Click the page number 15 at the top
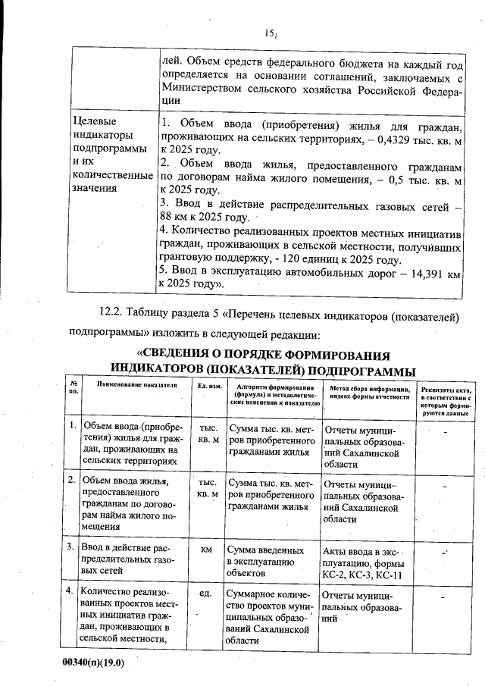pos(269,33)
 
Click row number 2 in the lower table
pos(70,480)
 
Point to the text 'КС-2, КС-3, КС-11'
pos(364,575)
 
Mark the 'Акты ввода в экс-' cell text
pos(364,549)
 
